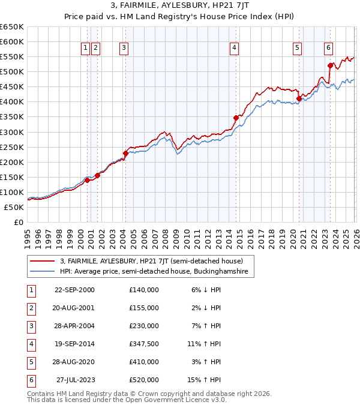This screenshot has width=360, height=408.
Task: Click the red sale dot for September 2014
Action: click(x=236, y=118)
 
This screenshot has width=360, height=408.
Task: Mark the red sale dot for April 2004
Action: click(x=125, y=153)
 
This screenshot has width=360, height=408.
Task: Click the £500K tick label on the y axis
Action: click(x=12, y=72)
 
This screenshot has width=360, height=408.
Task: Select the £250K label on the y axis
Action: click(x=12, y=147)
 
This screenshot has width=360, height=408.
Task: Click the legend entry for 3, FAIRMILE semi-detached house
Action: click(x=151, y=261)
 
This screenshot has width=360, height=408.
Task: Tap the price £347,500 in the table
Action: click(x=144, y=344)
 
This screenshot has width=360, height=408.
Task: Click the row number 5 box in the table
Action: click(x=31, y=362)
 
